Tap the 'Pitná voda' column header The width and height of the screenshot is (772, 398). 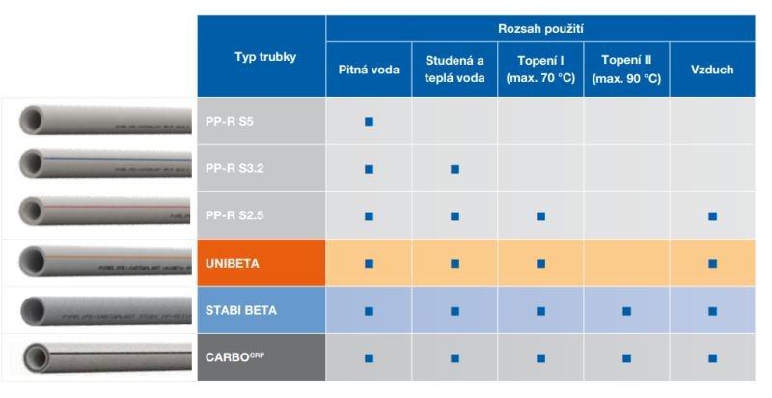[x=369, y=70]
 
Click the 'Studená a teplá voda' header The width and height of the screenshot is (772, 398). [x=455, y=70]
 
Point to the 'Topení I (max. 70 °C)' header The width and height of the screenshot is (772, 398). [x=540, y=70]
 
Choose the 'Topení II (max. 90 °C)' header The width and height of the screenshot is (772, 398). [x=626, y=70]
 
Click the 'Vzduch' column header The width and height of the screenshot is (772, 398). [x=712, y=70]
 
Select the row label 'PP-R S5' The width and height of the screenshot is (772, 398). [x=230, y=122]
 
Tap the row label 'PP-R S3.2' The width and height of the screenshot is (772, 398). [x=235, y=169]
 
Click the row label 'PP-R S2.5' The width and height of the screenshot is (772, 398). [x=235, y=216]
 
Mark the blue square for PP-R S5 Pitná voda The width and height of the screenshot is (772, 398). [x=369, y=122]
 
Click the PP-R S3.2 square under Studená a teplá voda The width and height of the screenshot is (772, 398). [x=455, y=169]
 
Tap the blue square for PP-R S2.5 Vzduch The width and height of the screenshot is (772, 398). [x=712, y=216]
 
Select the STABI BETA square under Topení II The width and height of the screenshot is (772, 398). [x=626, y=311]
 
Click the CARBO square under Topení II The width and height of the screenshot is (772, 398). [x=626, y=358]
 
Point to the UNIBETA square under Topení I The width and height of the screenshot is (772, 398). [x=540, y=264]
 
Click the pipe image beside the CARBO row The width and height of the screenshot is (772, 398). [x=96, y=358]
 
